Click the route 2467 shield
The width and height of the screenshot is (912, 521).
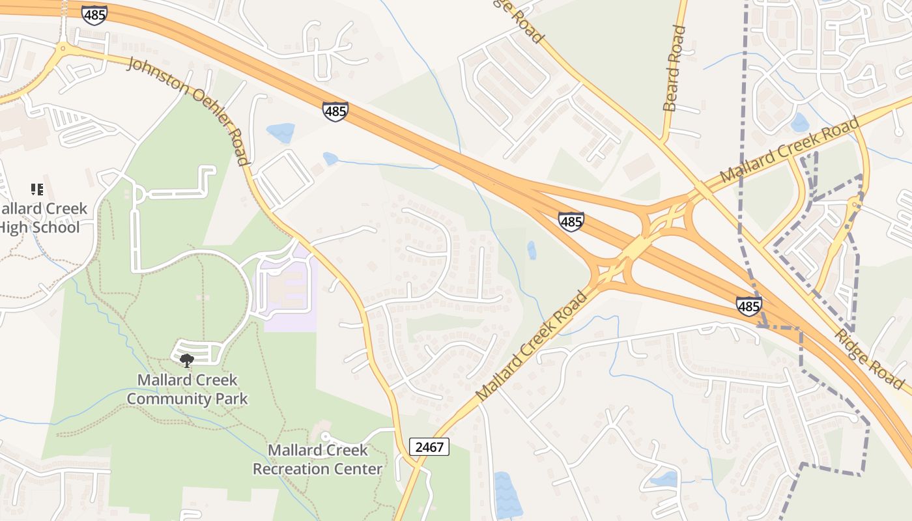tap(429, 447)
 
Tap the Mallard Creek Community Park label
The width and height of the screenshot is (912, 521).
tap(187, 389)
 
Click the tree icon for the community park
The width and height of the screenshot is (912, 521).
tap(187, 360)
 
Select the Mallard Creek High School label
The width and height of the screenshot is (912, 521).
tap(42, 218)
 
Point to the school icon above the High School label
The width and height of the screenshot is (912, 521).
tap(37, 190)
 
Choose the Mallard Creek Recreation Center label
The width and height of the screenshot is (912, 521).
tap(317, 459)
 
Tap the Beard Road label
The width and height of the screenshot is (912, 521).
tap(674, 68)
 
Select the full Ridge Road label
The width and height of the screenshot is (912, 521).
tap(870, 358)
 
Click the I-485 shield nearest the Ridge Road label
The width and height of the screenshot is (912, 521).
tap(749, 305)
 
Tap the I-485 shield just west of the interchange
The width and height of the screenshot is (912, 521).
tap(571, 221)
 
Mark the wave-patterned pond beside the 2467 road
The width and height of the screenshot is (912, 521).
tap(507, 495)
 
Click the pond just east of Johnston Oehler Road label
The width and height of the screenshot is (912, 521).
tap(281, 132)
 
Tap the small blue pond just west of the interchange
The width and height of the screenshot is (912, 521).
tap(532, 250)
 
